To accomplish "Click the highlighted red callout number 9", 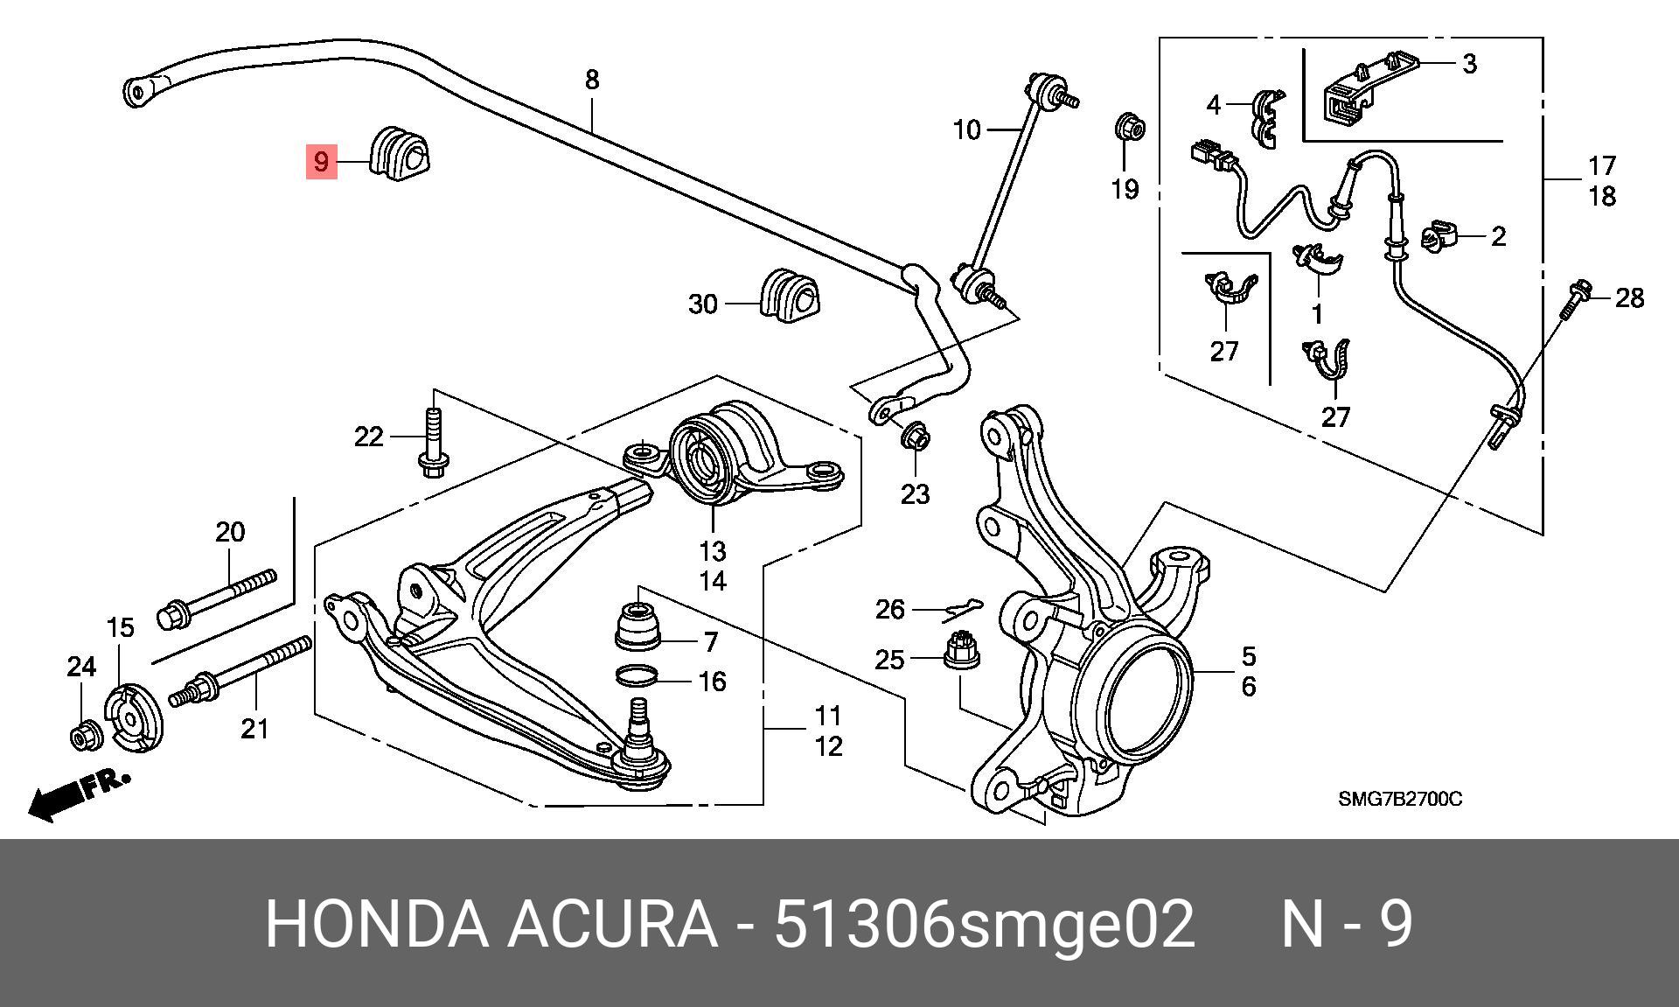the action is click(321, 162).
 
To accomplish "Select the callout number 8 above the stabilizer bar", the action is click(592, 80).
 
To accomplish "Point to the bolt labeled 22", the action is click(434, 442).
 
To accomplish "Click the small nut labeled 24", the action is click(86, 737).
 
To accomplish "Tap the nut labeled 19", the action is click(1129, 129).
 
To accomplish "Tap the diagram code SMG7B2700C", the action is click(1399, 799).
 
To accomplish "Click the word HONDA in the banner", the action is click(376, 924).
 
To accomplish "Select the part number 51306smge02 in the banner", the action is click(984, 924).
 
